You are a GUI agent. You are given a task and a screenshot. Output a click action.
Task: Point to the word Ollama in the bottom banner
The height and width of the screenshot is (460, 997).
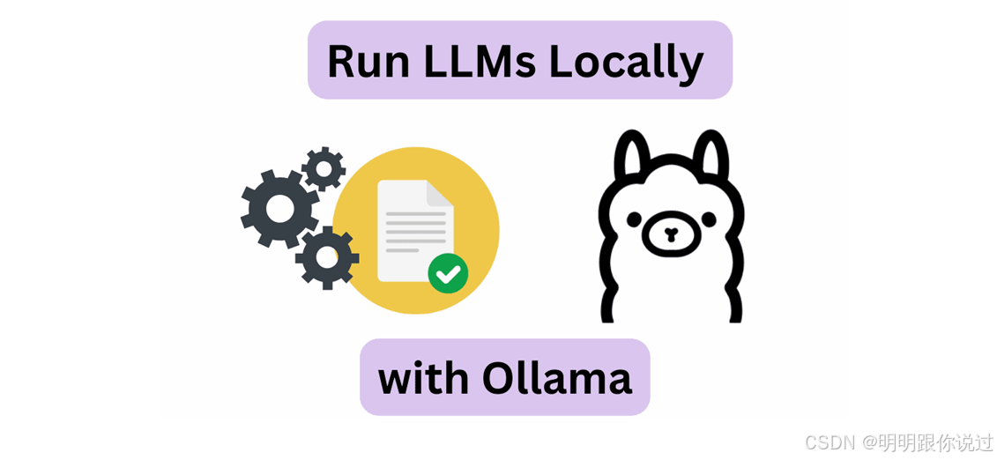(557, 378)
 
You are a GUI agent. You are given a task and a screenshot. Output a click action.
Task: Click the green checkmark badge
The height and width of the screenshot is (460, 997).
(448, 273)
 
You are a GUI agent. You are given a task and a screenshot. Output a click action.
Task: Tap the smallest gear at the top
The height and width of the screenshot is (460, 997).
(324, 167)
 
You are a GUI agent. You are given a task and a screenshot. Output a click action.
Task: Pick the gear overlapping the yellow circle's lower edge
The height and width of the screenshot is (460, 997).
(327, 257)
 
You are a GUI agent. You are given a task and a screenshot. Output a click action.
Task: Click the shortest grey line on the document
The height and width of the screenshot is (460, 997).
(402, 250)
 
